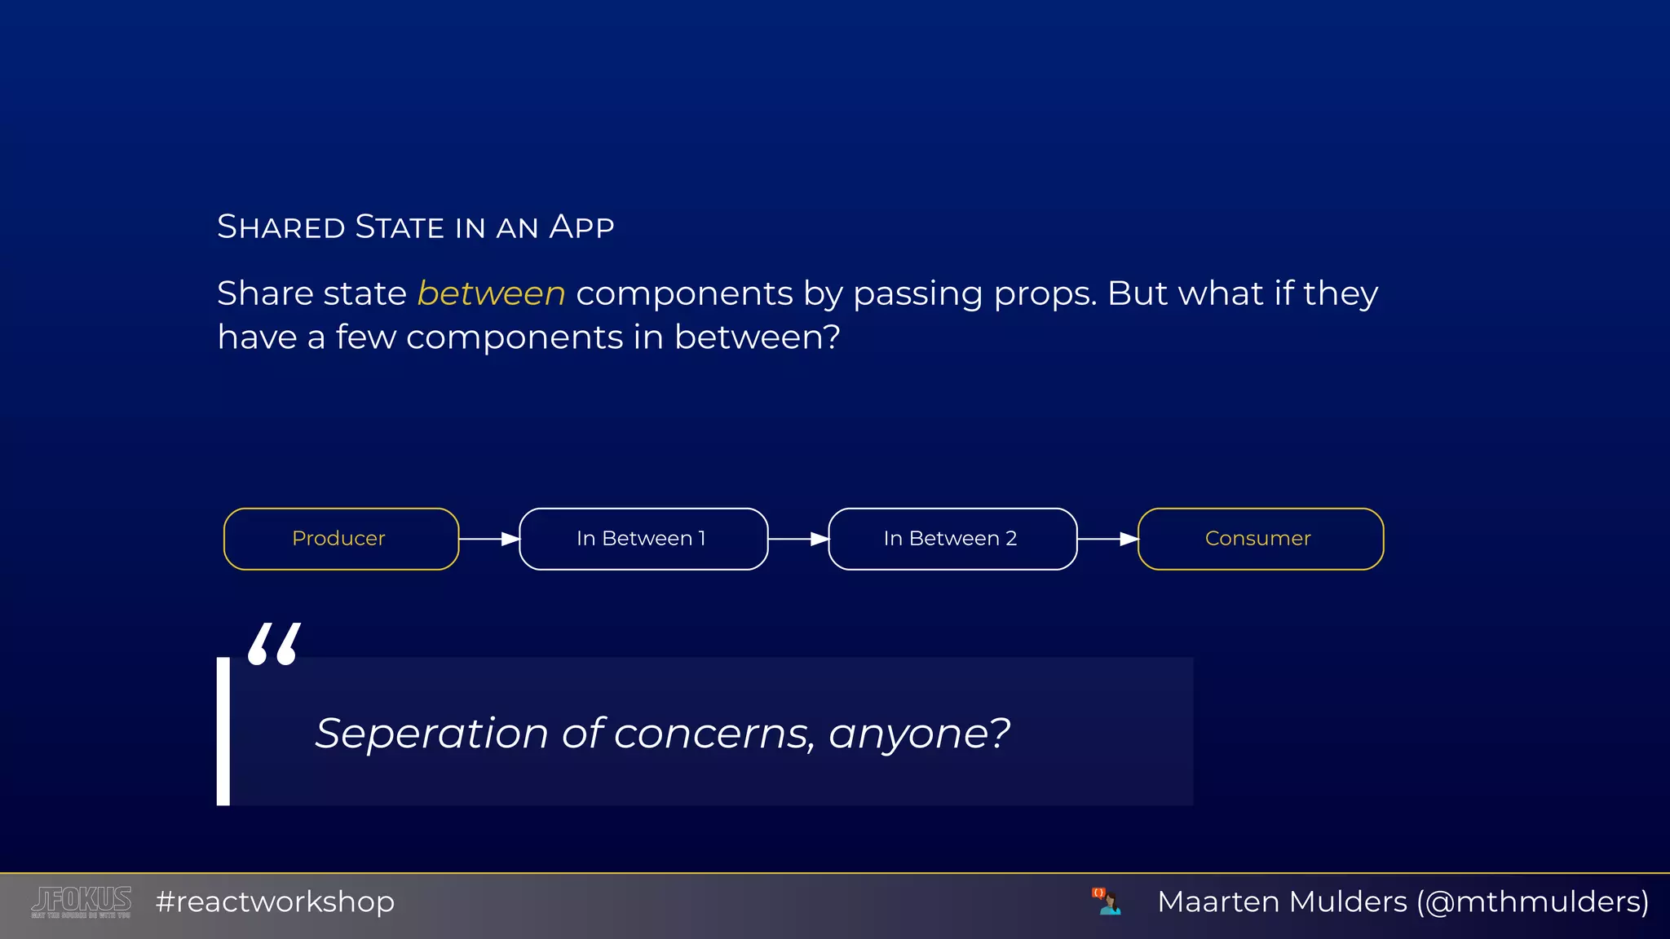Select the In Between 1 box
tap(643, 539)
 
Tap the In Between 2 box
tap(952, 539)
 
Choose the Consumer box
tap(1260, 539)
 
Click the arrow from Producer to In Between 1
tap(489, 539)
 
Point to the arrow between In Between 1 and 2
tap(798, 539)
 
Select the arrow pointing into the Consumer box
tap(1107, 539)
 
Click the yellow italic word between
tap(491, 293)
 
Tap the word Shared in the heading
tap(281, 227)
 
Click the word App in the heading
tap(581, 227)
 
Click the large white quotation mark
tap(274, 644)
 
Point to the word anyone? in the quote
tap(919, 734)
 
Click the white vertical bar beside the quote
tap(223, 731)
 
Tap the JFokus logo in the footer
tap(82, 902)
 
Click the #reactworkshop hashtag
tap(275, 902)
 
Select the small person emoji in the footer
tap(1107, 902)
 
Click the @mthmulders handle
tap(1533, 902)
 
